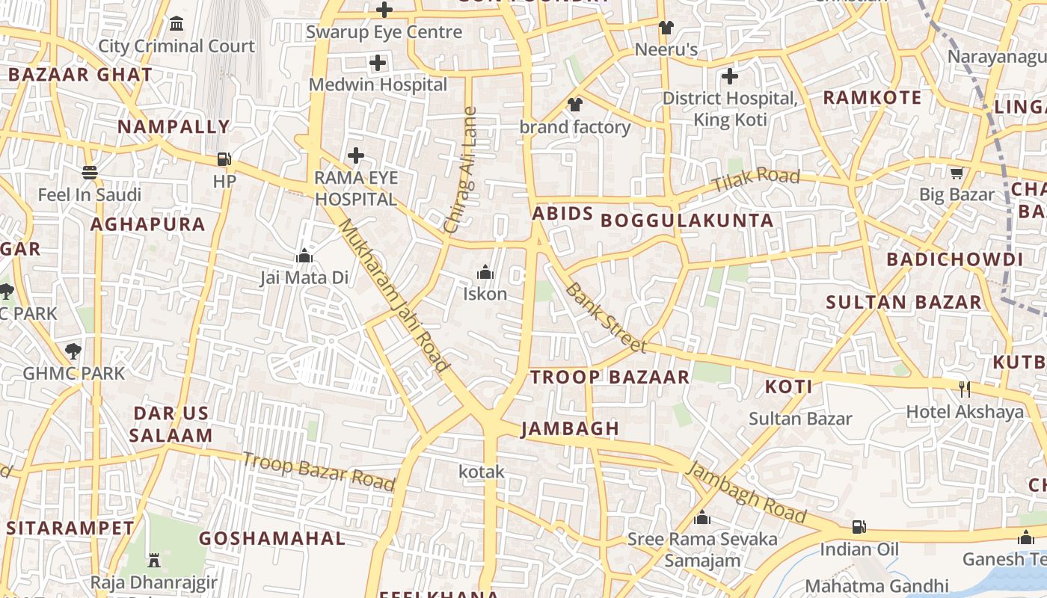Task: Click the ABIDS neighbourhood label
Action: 562,214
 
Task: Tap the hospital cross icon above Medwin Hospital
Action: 378,63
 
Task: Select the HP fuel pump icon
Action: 224,158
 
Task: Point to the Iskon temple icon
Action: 485,271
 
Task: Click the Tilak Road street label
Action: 755,180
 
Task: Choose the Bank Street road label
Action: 605,317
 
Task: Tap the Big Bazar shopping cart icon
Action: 957,173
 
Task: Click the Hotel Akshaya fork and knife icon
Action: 965,389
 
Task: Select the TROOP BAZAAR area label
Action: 610,377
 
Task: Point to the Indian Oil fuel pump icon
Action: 859,527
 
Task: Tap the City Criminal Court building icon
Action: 176,24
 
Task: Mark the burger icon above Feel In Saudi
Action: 90,173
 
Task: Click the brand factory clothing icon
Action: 574,105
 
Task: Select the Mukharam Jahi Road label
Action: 394,295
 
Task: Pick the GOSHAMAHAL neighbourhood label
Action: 272,538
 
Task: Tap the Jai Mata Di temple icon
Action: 304,256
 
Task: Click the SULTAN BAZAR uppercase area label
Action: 903,302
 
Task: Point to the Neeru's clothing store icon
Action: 666,28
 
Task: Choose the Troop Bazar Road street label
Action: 318,471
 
